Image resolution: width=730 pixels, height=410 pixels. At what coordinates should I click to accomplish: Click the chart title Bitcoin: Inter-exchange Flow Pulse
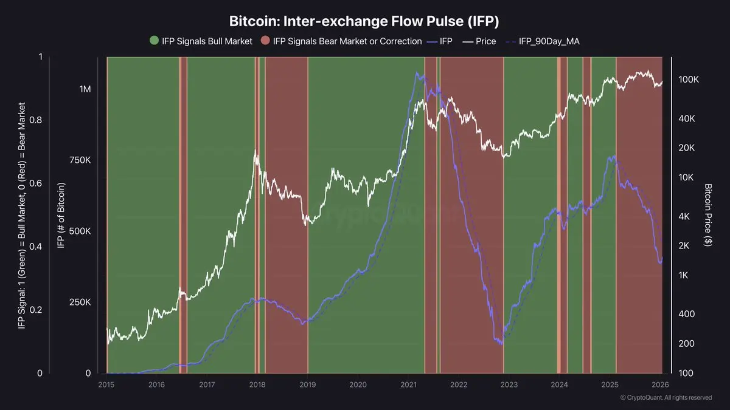pyautogui.click(x=364, y=21)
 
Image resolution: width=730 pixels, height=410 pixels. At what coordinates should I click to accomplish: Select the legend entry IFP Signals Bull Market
pyautogui.click(x=201, y=41)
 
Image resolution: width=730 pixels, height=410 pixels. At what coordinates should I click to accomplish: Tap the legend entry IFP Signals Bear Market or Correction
pyautogui.click(x=341, y=41)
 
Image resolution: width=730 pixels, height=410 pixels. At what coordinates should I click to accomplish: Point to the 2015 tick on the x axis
pyautogui.click(x=106, y=384)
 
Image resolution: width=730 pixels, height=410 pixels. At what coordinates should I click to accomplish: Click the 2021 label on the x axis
pyautogui.click(x=408, y=384)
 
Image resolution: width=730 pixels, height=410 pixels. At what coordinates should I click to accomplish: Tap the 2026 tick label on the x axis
pyautogui.click(x=661, y=384)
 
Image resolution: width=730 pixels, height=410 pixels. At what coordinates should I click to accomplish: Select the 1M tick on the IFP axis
pyautogui.click(x=85, y=89)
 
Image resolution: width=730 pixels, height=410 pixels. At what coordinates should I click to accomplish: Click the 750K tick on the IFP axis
pyautogui.click(x=80, y=160)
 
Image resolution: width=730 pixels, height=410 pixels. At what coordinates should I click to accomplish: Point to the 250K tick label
pyautogui.click(x=80, y=302)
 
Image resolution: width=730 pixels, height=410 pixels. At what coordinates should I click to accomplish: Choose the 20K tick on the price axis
pyautogui.click(x=687, y=148)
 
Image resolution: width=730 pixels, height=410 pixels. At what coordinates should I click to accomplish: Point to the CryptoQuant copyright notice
pyautogui.click(x=666, y=398)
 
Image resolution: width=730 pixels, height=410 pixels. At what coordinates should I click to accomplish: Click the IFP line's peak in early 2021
pyautogui.click(x=417, y=72)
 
